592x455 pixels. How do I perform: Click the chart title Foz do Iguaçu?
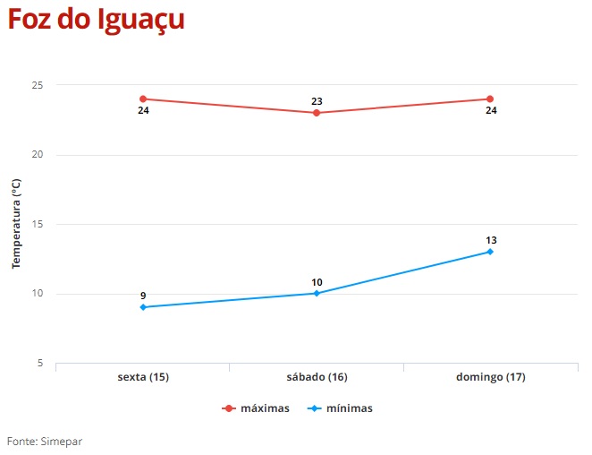[97, 20]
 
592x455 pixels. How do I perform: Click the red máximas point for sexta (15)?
[143, 99]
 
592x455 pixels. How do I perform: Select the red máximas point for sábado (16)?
[317, 113]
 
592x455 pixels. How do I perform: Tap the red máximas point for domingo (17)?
[490, 99]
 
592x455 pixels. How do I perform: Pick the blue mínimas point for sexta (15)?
[143, 307]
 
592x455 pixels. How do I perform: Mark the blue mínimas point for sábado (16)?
[317, 293]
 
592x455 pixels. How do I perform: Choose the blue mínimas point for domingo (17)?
[490, 252]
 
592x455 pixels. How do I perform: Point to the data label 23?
[317, 101]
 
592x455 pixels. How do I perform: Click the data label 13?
[490, 240]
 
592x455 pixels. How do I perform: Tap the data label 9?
[143, 296]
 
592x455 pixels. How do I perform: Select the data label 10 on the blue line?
[317, 282]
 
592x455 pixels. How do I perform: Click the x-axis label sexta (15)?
[143, 377]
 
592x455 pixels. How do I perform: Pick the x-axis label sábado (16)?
[317, 377]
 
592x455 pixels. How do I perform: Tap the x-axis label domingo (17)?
[490, 377]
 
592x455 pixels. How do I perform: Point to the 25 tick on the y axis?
[38, 85]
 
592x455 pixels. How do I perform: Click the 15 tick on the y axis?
[38, 224]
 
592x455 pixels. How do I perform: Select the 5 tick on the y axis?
[40, 363]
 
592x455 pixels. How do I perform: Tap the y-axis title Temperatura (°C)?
[15, 224]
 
